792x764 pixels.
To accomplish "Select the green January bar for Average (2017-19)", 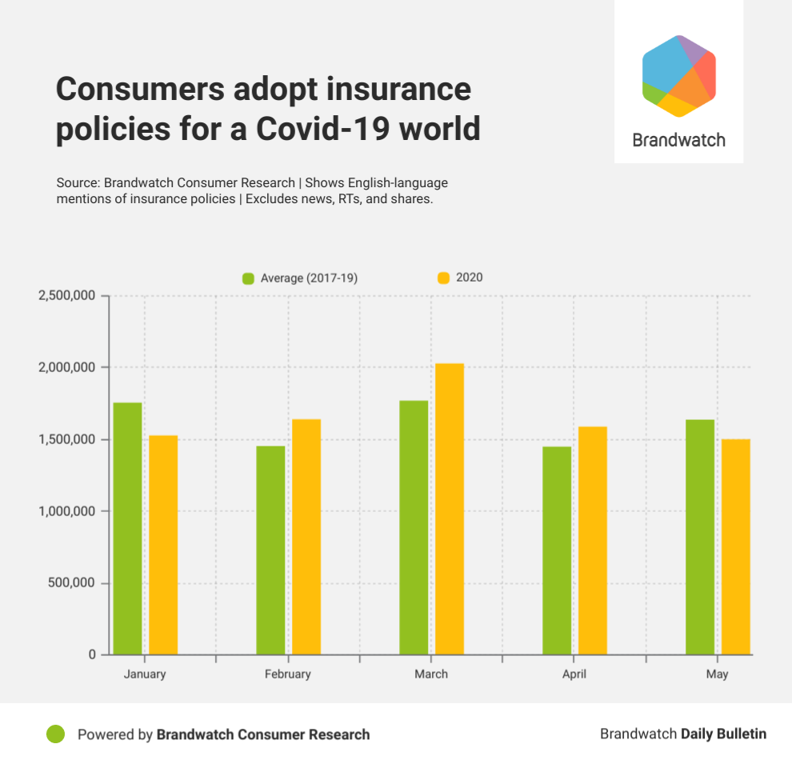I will [127, 528].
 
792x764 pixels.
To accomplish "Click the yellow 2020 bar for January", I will [163, 545].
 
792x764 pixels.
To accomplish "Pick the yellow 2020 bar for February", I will [306, 537].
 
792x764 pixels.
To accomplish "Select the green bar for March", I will [414, 527].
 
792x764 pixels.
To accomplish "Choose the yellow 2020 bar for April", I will [593, 540].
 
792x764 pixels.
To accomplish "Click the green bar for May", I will [700, 537].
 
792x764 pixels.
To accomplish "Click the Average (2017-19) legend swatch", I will [248, 278].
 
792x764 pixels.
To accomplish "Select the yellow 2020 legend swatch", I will [443, 278].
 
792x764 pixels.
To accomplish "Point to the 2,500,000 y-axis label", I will [67, 296].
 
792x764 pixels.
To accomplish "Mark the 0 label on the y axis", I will [92, 654].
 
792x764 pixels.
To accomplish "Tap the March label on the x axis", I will [431, 674].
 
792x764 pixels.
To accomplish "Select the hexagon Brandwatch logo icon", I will [679, 76].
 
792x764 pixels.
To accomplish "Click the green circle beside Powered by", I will [55, 734].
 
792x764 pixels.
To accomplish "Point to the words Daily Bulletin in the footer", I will [723, 734].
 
